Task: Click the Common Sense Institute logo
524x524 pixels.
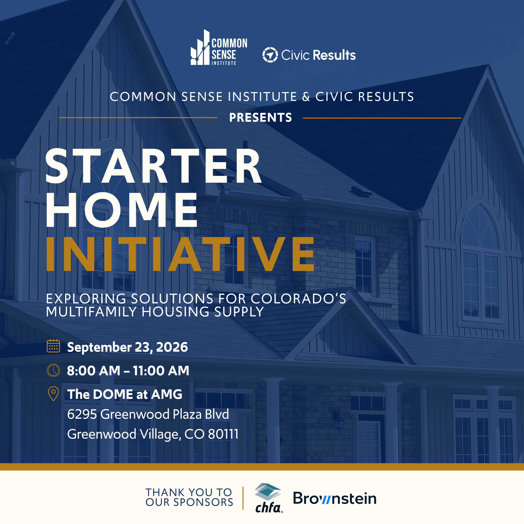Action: [219, 48]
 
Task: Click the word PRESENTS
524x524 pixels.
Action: [260, 117]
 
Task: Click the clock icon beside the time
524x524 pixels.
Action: [53, 370]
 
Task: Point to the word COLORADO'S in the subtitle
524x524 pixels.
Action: [298, 299]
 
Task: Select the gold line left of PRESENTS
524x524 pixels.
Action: [138, 117]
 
